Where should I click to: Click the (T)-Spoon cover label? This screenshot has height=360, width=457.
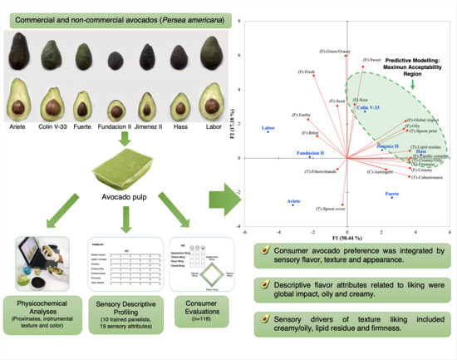332,210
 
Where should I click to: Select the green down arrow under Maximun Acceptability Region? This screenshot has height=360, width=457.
415,82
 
